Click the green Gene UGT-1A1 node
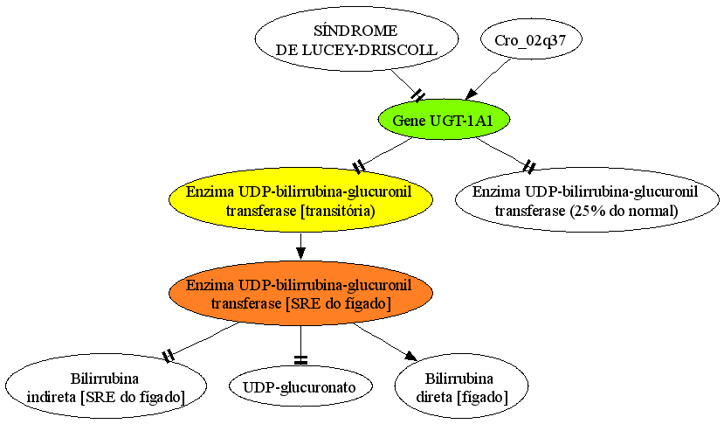(444, 120)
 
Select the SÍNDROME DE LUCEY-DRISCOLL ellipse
(356, 38)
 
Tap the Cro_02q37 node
(531, 39)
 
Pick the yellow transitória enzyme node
(300, 200)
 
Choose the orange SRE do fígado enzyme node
(300, 293)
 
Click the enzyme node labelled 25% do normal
(587, 200)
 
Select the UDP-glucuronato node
(300, 386)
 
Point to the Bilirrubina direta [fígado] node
(461, 386)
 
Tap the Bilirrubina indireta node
(106, 386)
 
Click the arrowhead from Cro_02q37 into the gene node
(471, 94)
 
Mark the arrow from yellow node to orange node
(300, 247)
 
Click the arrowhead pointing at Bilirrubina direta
(411, 356)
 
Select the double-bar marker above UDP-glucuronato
(300, 359)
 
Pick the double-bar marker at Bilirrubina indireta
(169, 356)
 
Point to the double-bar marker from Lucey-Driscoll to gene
(418, 95)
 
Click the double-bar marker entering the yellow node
(359, 166)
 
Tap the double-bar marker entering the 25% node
(529, 166)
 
